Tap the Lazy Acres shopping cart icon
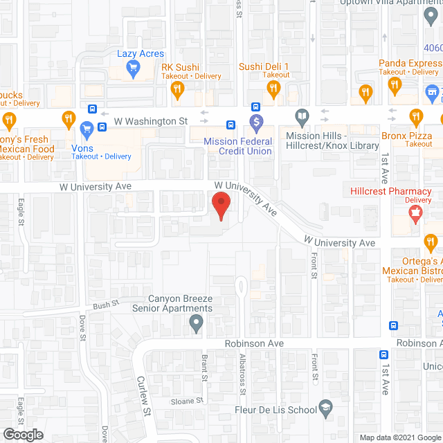[134, 68]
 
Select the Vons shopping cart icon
[87, 129]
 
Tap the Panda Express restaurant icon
[395, 85]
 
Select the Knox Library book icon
[302, 116]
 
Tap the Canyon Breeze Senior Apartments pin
[197, 323]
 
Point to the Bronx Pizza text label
[408, 136]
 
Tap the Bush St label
[107, 304]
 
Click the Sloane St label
[188, 401]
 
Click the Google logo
[22, 434]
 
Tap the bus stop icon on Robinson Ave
[393, 326]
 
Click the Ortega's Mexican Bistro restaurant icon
[431, 243]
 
